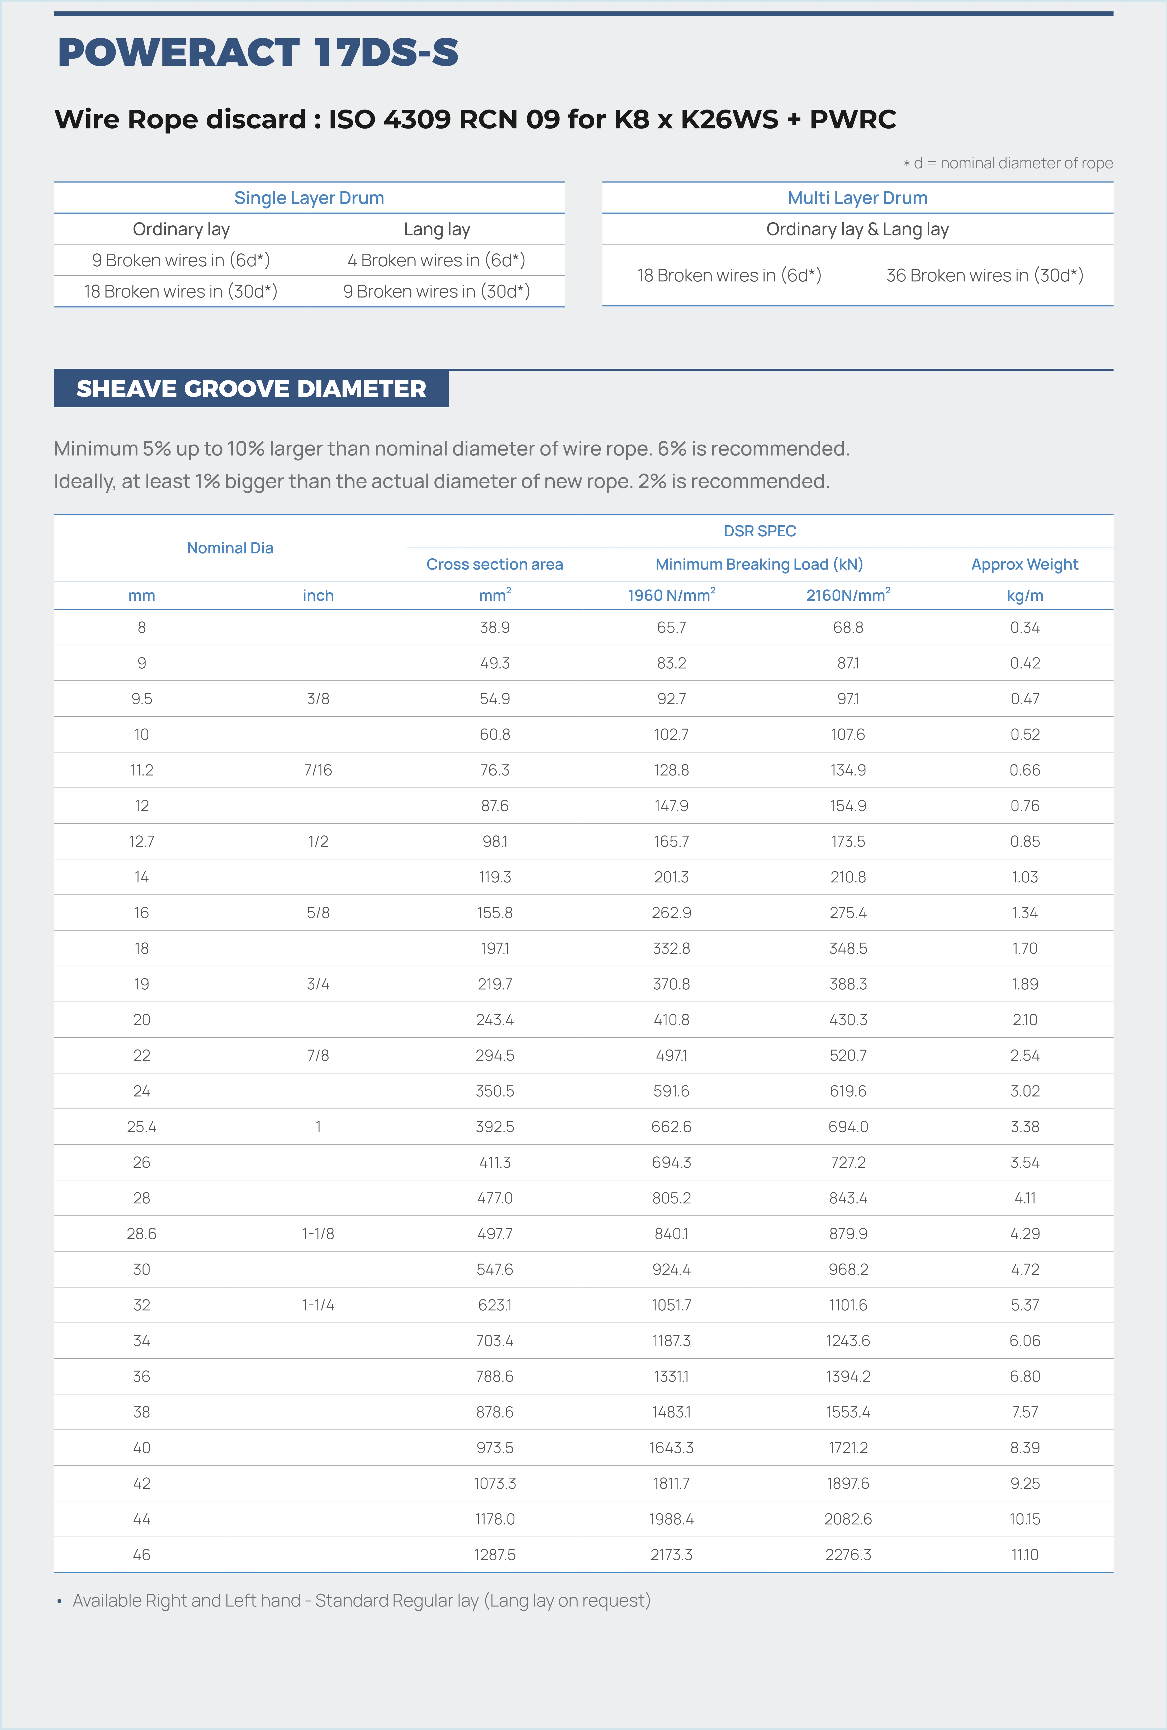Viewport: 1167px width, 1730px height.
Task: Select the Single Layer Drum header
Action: [309, 198]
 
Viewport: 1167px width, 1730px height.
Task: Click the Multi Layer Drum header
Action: [857, 198]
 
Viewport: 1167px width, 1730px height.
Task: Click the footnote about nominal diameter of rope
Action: [1008, 163]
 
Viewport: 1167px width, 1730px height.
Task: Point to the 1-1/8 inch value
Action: [318, 1233]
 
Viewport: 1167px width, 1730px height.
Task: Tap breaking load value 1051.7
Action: [671, 1305]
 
